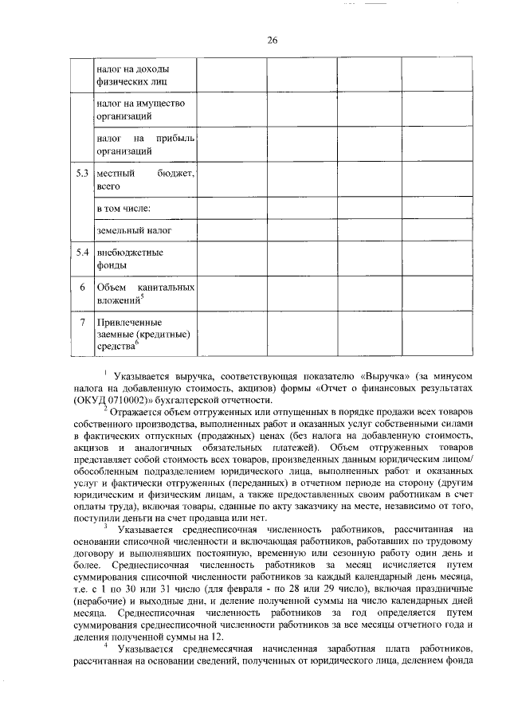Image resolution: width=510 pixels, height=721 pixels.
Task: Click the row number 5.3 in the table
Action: [81, 174]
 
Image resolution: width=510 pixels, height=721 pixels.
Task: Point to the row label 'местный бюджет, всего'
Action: [145, 180]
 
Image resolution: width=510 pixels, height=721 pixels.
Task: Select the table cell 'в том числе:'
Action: [124, 209]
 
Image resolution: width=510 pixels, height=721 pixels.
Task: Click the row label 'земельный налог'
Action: [134, 230]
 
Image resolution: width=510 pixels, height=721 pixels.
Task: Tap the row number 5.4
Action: [81, 253]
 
